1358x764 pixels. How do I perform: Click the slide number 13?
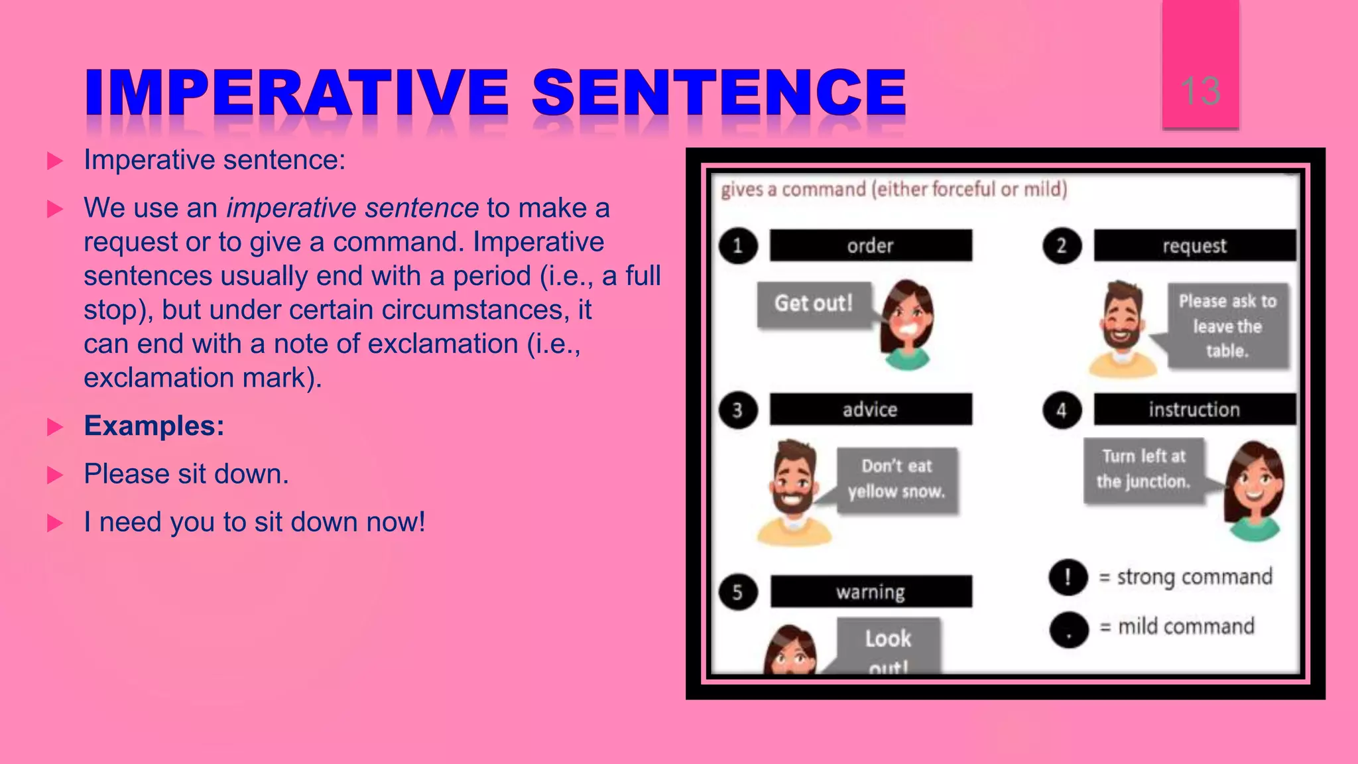pyautogui.click(x=1200, y=91)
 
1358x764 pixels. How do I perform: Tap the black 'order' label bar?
pyautogui.click(x=871, y=245)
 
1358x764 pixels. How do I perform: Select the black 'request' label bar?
pyautogui.click(x=1194, y=245)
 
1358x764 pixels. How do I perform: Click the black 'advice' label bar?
pyautogui.click(x=871, y=409)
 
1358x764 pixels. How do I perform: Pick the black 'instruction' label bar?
pyautogui.click(x=1194, y=409)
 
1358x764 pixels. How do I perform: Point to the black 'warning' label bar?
pyautogui.click(x=871, y=591)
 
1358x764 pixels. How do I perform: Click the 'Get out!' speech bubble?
pyautogui.click(x=814, y=304)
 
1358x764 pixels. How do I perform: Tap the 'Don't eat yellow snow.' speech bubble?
pyautogui.click(x=896, y=479)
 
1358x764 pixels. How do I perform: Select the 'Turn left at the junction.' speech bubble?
pyautogui.click(x=1144, y=470)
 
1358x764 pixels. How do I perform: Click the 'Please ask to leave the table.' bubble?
pyautogui.click(x=1227, y=326)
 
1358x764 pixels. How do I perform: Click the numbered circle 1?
pyautogui.click(x=738, y=246)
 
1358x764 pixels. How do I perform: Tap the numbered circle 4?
pyautogui.click(x=1062, y=410)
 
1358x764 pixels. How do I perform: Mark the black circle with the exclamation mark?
pyautogui.click(x=1068, y=577)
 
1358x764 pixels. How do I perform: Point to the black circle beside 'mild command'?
pyautogui.click(x=1069, y=629)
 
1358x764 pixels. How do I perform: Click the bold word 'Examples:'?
pyautogui.click(x=154, y=426)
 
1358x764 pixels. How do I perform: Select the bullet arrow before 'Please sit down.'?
pyautogui.click(x=55, y=475)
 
